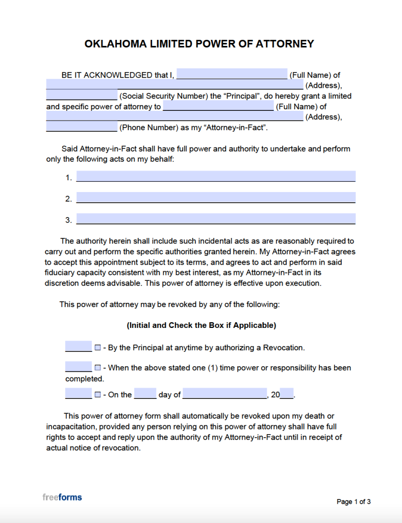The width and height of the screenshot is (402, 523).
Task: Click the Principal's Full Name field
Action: pyautogui.click(x=232, y=74)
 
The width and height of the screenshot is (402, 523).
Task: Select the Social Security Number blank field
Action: pyautogui.click(x=82, y=95)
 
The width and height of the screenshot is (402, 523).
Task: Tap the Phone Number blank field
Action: pyautogui.click(x=82, y=127)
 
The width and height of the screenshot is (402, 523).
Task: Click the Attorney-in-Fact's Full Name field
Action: pyautogui.click(x=218, y=106)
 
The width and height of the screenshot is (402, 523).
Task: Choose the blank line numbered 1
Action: pyautogui.click(x=215, y=177)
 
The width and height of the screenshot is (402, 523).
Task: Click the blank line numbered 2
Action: pyautogui.click(x=215, y=198)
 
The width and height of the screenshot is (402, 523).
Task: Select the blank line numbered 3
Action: pyautogui.click(x=215, y=219)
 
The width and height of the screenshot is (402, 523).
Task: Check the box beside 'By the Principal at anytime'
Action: pyautogui.click(x=98, y=348)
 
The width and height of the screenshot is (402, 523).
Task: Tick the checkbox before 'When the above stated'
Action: pyautogui.click(x=98, y=368)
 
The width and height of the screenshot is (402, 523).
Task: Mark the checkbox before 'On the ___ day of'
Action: pyautogui.click(x=98, y=395)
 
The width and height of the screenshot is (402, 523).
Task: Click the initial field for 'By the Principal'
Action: pyautogui.click(x=79, y=347)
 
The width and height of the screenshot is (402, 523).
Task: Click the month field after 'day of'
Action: pyautogui.click(x=224, y=394)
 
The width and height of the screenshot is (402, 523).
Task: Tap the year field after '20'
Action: pyautogui.click(x=287, y=394)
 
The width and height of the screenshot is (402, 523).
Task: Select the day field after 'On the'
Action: pyautogui.click(x=145, y=394)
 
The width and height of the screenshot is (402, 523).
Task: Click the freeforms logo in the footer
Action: pyautogui.click(x=62, y=497)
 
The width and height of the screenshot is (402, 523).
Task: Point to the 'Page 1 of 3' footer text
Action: pyautogui.click(x=354, y=502)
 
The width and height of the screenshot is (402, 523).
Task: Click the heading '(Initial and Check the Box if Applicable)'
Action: pyautogui.click(x=201, y=325)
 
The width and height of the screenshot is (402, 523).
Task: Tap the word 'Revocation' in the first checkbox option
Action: pyautogui.click(x=283, y=348)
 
